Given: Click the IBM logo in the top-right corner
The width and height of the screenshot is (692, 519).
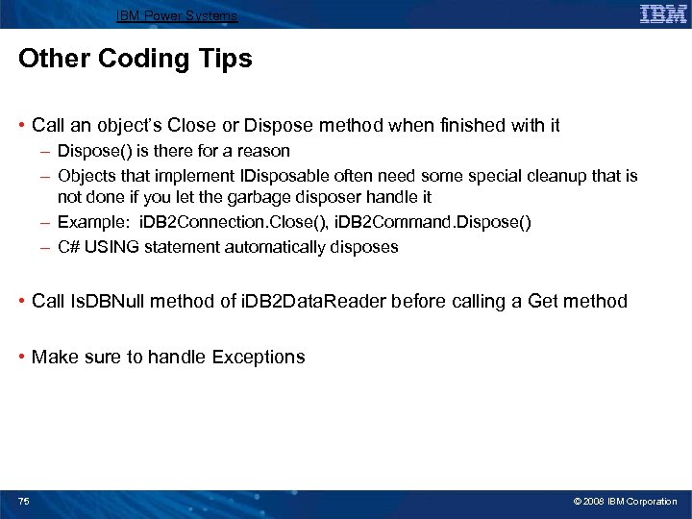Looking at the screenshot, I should click(x=662, y=13).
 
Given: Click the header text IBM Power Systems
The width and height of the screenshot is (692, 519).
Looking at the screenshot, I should click(x=176, y=16).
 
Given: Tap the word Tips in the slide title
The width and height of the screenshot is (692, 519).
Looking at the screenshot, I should click(x=225, y=60).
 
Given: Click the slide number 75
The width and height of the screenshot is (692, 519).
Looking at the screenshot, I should click(x=24, y=502).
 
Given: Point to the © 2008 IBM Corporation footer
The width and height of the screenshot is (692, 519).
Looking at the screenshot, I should click(x=625, y=502).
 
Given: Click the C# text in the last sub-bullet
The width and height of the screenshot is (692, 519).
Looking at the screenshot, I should click(x=68, y=247).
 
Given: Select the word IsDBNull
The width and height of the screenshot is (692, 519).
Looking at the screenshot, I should click(x=105, y=302).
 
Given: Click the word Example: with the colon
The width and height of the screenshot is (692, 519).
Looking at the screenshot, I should click(x=88, y=222).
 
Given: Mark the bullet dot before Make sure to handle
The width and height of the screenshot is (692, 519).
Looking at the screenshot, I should click(x=22, y=358).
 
